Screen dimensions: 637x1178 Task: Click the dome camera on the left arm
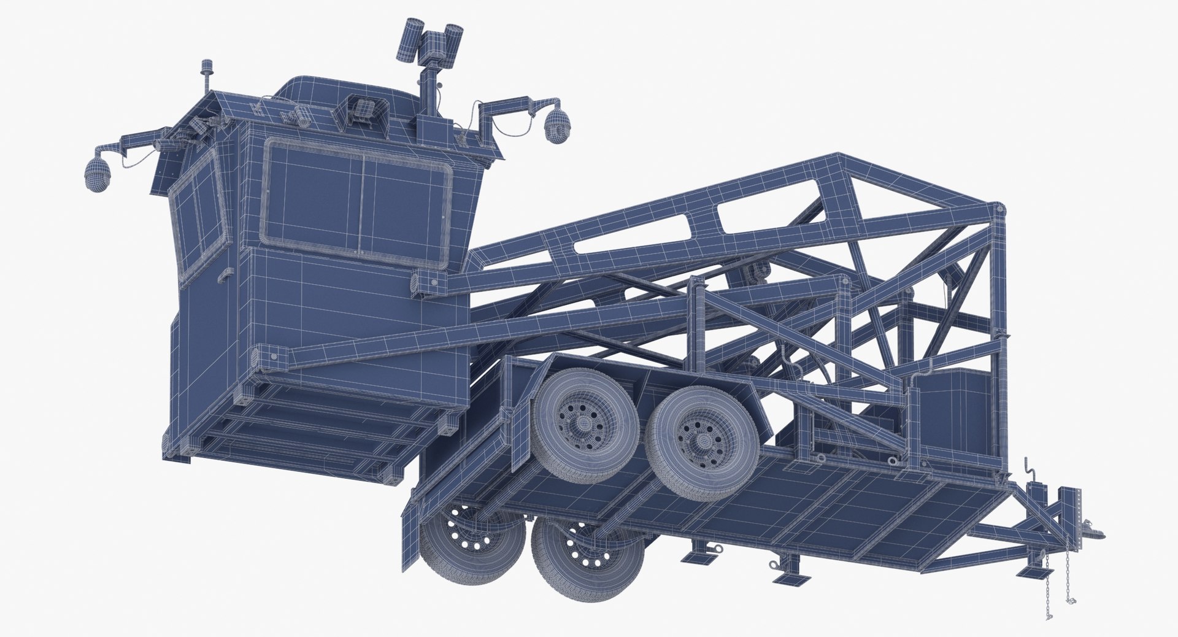96,174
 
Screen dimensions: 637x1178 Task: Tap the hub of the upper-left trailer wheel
580,422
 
